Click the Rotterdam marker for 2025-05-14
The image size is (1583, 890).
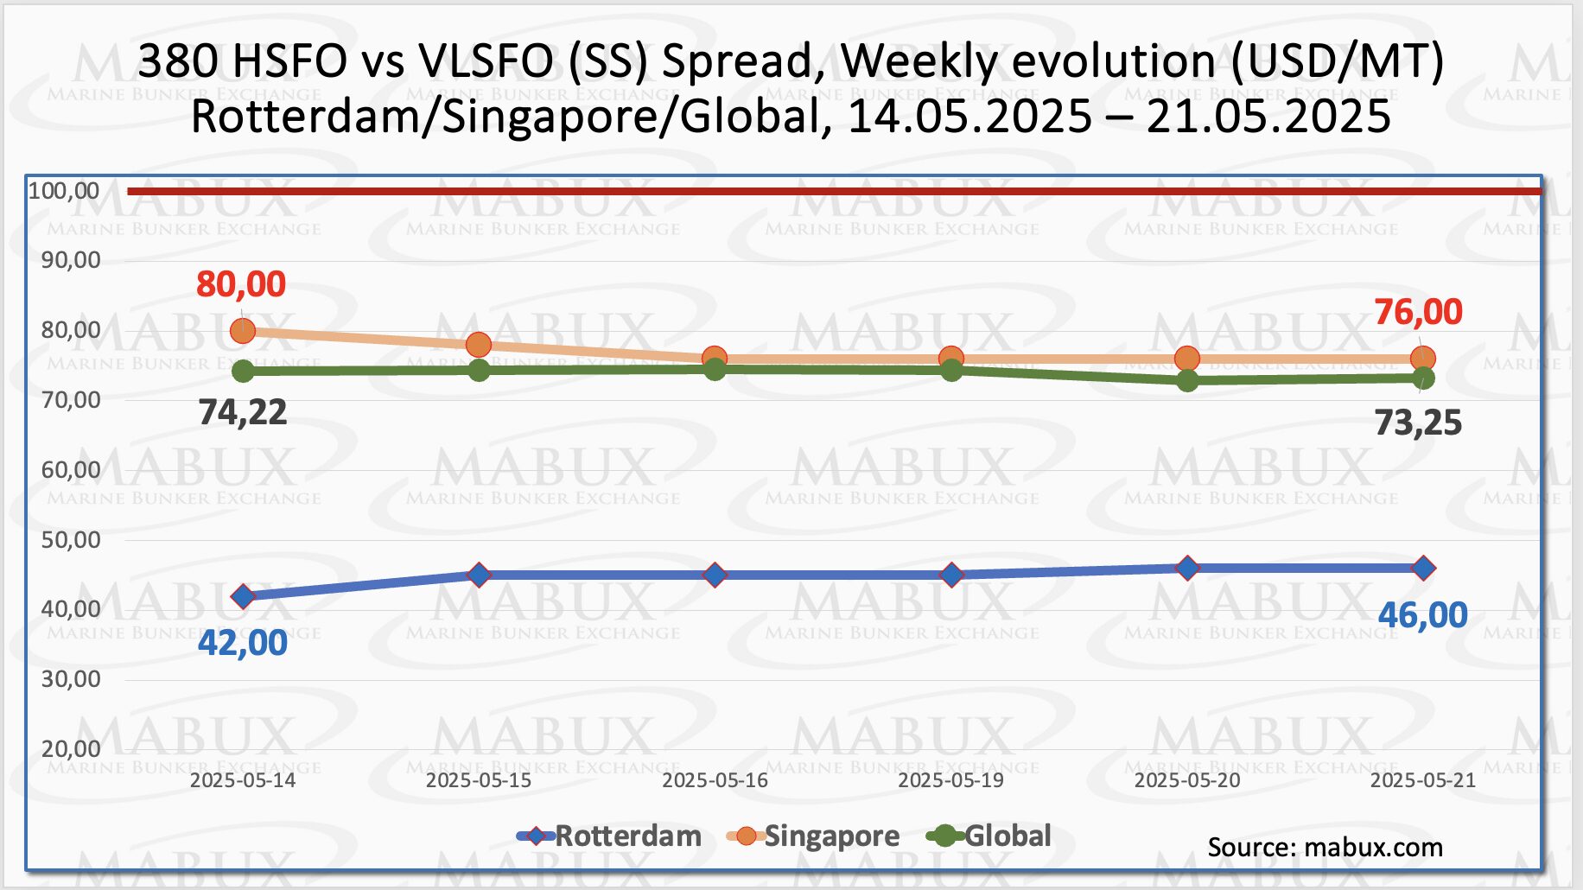pyautogui.click(x=243, y=596)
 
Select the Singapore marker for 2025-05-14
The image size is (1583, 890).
pyautogui.click(x=243, y=330)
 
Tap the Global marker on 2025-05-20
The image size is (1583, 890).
pyautogui.click(x=1187, y=380)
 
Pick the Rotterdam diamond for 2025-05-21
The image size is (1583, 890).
pyautogui.click(x=1423, y=568)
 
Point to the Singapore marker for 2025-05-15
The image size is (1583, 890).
pyautogui.click(x=479, y=345)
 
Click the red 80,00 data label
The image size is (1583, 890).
pyautogui.click(x=241, y=284)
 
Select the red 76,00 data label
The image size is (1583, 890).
pyautogui.click(x=1418, y=312)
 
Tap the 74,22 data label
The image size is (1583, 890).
pyautogui.click(x=243, y=412)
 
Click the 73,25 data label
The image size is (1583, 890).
pyautogui.click(x=1418, y=423)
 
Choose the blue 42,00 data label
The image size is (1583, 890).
pyautogui.click(x=243, y=643)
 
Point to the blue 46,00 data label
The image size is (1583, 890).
pyautogui.click(x=1422, y=615)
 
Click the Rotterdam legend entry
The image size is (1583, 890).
pyautogui.click(x=610, y=836)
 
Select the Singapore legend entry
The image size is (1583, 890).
pyautogui.click(x=815, y=836)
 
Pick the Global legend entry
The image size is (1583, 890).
pyautogui.click(x=989, y=836)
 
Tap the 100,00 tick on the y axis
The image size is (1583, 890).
pyautogui.click(x=64, y=191)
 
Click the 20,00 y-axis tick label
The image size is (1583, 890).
pyautogui.click(x=71, y=749)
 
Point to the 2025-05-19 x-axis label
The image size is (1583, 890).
pyautogui.click(x=950, y=780)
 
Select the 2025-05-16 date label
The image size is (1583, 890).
pyautogui.click(x=715, y=780)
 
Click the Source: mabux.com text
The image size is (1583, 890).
pyautogui.click(x=1325, y=847)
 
